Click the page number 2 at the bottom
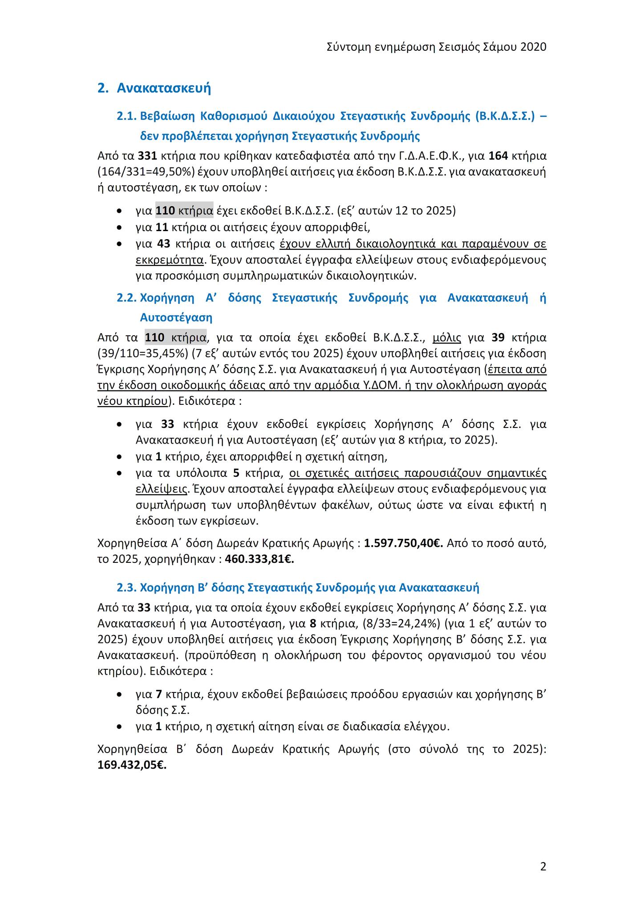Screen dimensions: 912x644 point(543,867)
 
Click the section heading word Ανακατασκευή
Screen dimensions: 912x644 point(164,88)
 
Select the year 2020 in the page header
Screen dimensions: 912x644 point(533,47)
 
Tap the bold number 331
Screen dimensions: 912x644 point(147,156)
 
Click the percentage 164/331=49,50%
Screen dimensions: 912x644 point(143,172)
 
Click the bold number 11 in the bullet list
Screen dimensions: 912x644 point(162,227)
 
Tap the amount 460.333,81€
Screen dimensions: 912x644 point(259,559)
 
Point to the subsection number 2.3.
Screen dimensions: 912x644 point(126,588)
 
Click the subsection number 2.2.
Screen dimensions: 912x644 point(126,298)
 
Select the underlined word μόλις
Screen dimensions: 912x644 point(446,338)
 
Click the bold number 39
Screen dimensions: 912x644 point(498,338)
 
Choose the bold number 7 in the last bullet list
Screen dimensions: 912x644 point(158,694)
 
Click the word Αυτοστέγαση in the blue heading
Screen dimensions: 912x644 point(176,318)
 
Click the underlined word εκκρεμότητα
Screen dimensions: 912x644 point(170,260)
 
